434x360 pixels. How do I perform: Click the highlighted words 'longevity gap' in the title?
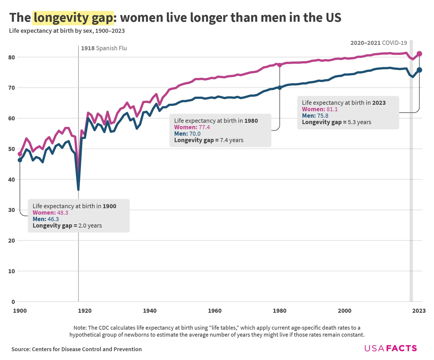tap(73, 18)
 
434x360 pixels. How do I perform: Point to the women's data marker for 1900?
tap(20, 154)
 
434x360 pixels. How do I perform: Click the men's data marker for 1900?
tap(20, 160)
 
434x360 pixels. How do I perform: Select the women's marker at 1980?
tap(280, 65)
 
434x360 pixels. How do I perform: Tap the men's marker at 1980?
tap(280, 88)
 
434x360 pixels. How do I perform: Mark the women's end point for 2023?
tap(419, 54)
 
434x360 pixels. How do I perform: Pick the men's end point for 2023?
tap(419, 70)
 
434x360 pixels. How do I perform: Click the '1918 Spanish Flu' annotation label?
tap(104, 48)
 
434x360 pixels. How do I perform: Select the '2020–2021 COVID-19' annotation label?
tap(379, 43)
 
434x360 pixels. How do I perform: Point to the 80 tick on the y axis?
tap(12, 57)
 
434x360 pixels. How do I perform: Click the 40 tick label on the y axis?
tap(12, 179)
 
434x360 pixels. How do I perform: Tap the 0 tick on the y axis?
tap(13, 302)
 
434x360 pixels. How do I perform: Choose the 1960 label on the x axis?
tap(215, 311)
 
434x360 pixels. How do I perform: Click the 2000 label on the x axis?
tap(345, 311)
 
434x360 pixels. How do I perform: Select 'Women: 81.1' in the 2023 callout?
tap(320, 109)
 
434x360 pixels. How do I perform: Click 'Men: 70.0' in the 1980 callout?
tap(187, 134)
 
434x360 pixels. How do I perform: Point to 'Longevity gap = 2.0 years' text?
tap(67, 226)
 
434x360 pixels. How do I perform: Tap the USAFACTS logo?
tap(390, 348)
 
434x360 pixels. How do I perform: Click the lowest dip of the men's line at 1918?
tap(78, 189)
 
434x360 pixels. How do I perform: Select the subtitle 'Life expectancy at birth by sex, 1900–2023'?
tap(67, 31)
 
